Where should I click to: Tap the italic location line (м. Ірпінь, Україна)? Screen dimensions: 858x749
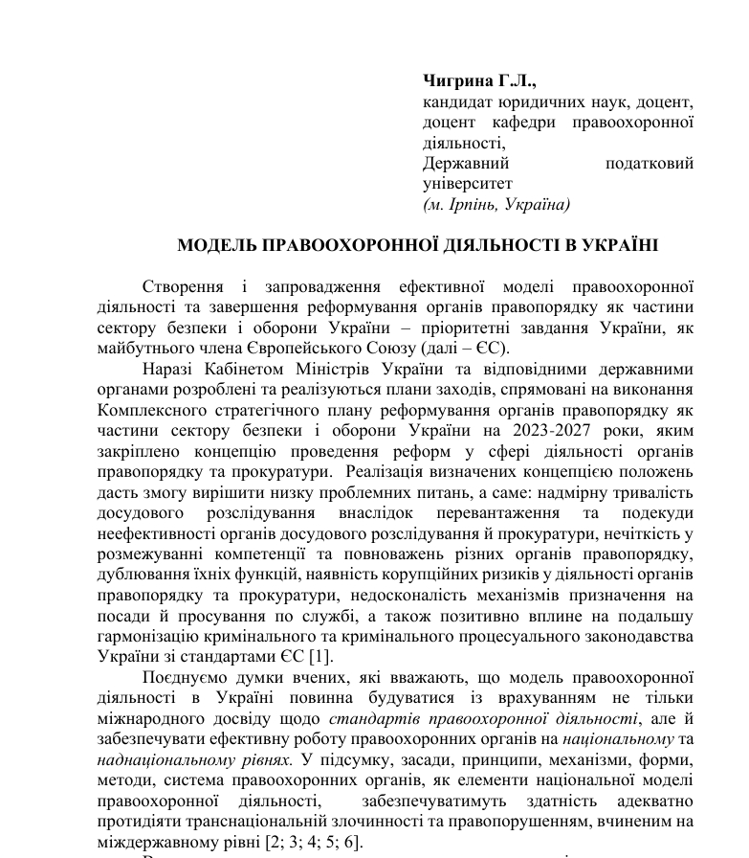click(x=496, y=204)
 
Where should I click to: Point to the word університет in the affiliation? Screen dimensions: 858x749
click(x=468, y=183)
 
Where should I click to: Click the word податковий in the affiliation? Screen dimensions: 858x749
click(x=650, y=163)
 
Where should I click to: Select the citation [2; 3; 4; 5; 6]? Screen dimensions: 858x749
click(x=306, y=842)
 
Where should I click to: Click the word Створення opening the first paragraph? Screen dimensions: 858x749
click(x=183, y=286)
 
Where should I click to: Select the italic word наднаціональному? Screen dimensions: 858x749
click(x=157, y=759)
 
